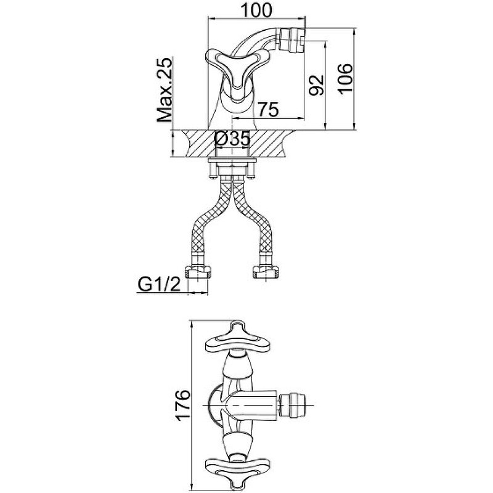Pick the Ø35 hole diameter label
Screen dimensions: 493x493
[233, 140]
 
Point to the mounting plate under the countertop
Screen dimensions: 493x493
[232, 163]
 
